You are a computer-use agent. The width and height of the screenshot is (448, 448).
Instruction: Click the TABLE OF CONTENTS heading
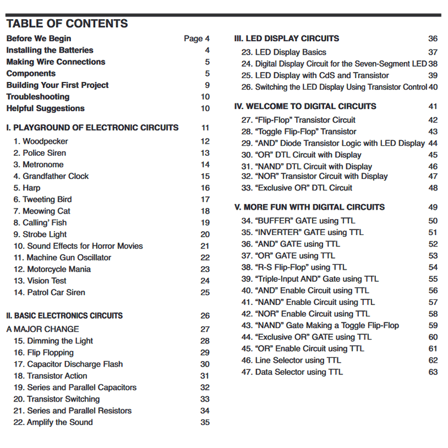tap(67, 23)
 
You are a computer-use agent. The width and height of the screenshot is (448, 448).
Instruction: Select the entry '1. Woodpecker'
tap(41, 142)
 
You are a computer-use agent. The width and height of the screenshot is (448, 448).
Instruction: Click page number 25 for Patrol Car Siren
tap(205, 292)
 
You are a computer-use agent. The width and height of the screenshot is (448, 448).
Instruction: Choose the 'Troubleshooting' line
tap(38, 97)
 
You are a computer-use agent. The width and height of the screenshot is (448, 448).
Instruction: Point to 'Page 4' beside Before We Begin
tap(197, 39)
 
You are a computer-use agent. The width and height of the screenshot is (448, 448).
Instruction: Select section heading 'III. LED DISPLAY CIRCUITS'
tap(286, 39)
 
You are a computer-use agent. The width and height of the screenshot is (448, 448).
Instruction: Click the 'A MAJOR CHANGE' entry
tap(43, 329)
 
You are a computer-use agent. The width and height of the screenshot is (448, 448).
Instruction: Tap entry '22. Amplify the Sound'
tap(53, 422)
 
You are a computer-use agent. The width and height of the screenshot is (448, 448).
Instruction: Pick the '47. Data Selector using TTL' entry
tap(292, 372)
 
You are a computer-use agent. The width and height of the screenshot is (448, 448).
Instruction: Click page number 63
tap(433, 372)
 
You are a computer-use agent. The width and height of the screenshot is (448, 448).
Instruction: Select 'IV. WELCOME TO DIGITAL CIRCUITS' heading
tap(305, 107)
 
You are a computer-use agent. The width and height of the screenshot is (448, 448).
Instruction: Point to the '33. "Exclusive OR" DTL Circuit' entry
tap(297, 188)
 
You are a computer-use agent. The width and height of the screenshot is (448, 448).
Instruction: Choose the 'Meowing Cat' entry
tap(42, 211)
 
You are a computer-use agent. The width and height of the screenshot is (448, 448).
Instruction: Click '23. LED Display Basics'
tap(284, 52)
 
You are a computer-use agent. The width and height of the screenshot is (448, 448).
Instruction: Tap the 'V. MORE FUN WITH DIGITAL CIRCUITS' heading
tap(309, 207)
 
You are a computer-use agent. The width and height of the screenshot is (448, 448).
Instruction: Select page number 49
tap(433, 207)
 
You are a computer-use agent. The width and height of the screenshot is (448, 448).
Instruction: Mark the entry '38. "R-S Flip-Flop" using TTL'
tap(294, 267)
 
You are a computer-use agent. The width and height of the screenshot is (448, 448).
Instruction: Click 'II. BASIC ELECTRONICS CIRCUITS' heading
tap(64, 316)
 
